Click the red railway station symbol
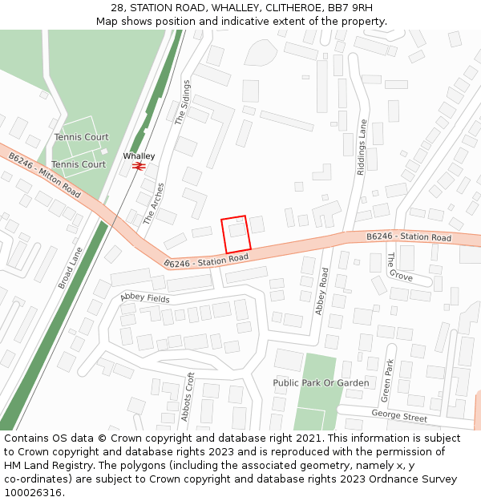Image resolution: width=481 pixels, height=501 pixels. pos(139,166)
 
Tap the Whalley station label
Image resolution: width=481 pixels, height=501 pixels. pos(139,156)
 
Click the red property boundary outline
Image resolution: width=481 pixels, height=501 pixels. pos(236,235)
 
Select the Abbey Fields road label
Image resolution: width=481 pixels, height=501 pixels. pos(145,297)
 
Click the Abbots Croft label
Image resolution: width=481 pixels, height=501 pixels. pos(189,397)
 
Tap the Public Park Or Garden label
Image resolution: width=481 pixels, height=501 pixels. pos(321,383)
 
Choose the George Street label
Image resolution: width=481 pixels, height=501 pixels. pos(399,415)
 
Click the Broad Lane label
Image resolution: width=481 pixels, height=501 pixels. pos(71,267)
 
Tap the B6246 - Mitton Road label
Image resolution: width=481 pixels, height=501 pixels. pos(45,176)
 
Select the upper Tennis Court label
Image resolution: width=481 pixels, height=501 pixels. pos(81,137)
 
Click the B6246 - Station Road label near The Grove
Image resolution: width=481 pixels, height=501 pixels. pos(409,237)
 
